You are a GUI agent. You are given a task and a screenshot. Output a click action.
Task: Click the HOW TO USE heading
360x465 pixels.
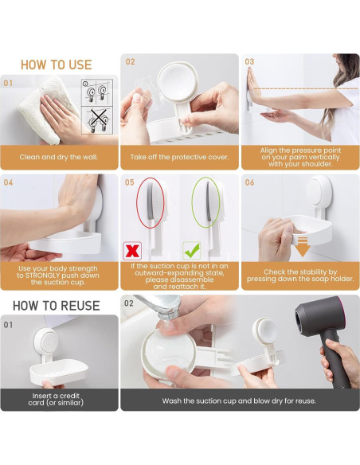click(x=56, y=64)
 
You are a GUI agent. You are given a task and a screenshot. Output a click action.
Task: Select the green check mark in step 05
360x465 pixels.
click(x=191, y=249)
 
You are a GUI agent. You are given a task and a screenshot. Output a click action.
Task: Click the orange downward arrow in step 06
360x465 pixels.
click(x=301, y=247)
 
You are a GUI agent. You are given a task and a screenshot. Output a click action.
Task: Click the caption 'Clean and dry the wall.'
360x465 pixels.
click(x=59, y=157)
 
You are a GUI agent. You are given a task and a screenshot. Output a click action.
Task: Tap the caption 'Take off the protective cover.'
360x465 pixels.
click(x=179, y=157)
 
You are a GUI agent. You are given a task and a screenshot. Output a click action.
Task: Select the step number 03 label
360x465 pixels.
click(x=249, y=61)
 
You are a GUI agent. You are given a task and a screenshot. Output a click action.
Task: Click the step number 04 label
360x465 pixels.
click(x=9, y=182)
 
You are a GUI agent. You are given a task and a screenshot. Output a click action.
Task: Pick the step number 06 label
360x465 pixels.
click(x=249, y=182)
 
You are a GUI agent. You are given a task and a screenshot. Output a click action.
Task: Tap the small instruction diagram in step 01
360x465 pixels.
click(x=96, y=105)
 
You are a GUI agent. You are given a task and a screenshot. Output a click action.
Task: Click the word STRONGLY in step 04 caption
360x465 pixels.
click(x=60, y=275)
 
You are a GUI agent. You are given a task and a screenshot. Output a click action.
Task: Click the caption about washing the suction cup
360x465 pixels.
click(x=239, y=401)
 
